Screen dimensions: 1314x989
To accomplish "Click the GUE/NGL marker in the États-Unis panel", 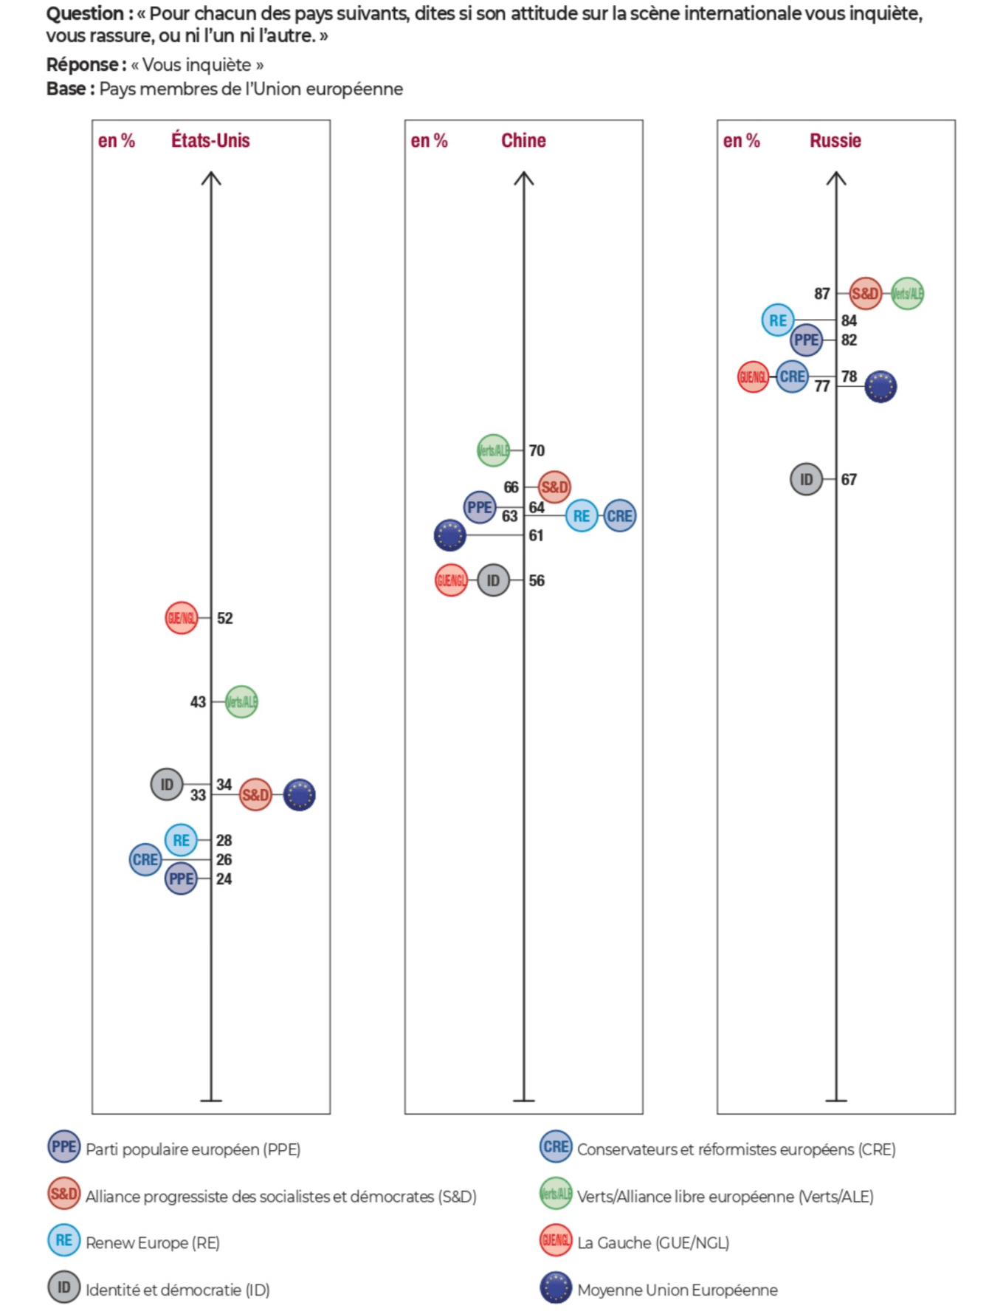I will (x=181, y=618).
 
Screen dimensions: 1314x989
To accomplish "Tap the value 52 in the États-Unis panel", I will (x=225, y=619).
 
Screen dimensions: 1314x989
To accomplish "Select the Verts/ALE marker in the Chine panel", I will (x=493, y=450).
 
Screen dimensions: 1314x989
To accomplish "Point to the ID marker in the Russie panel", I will (x=806, y=479).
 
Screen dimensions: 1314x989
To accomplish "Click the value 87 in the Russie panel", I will (x=822, y=294).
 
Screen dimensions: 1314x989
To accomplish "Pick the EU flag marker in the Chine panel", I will (x=450, y=535).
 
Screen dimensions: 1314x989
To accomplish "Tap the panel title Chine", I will (x=523, y=140).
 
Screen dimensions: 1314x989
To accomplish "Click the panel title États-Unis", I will (x=210, y=140).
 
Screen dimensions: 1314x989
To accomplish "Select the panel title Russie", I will (x=835, y=140).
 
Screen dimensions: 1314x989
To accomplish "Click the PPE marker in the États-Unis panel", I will (x=181, y=878).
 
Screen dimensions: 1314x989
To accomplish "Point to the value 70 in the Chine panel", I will (x=537, y=450).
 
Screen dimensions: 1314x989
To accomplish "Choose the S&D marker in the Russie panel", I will (x=865, y=294).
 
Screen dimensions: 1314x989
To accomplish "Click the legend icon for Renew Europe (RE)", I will (x=64, y=1240).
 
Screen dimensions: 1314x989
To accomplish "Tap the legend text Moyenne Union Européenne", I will (x=677, y=1290).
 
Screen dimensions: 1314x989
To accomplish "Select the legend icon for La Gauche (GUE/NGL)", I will (x=556, y=1240).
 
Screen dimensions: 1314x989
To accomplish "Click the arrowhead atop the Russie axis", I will (x=836, y=177).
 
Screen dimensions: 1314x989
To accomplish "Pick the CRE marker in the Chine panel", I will (x=619, y=515).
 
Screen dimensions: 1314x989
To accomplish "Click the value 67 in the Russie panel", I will (x=849, y=480).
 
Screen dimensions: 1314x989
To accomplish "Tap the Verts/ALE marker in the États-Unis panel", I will (x=241, y=701).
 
